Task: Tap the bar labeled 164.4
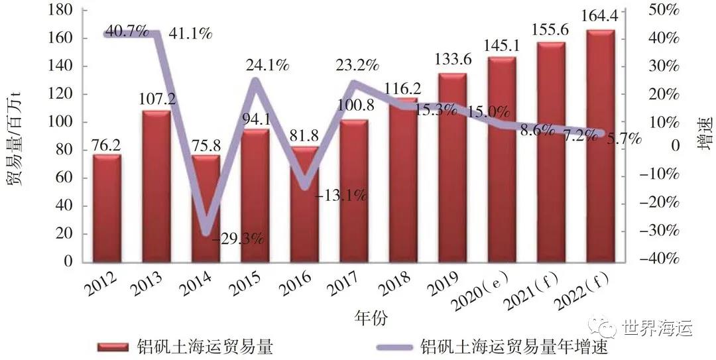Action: pyautogui.click(x=601, y=146)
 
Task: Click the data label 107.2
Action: pyautogui.click(x=156, y=99)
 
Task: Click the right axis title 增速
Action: pyautogui.click(x=704, y=133)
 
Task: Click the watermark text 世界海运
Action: pyautogui.click(x=656, y=328)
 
